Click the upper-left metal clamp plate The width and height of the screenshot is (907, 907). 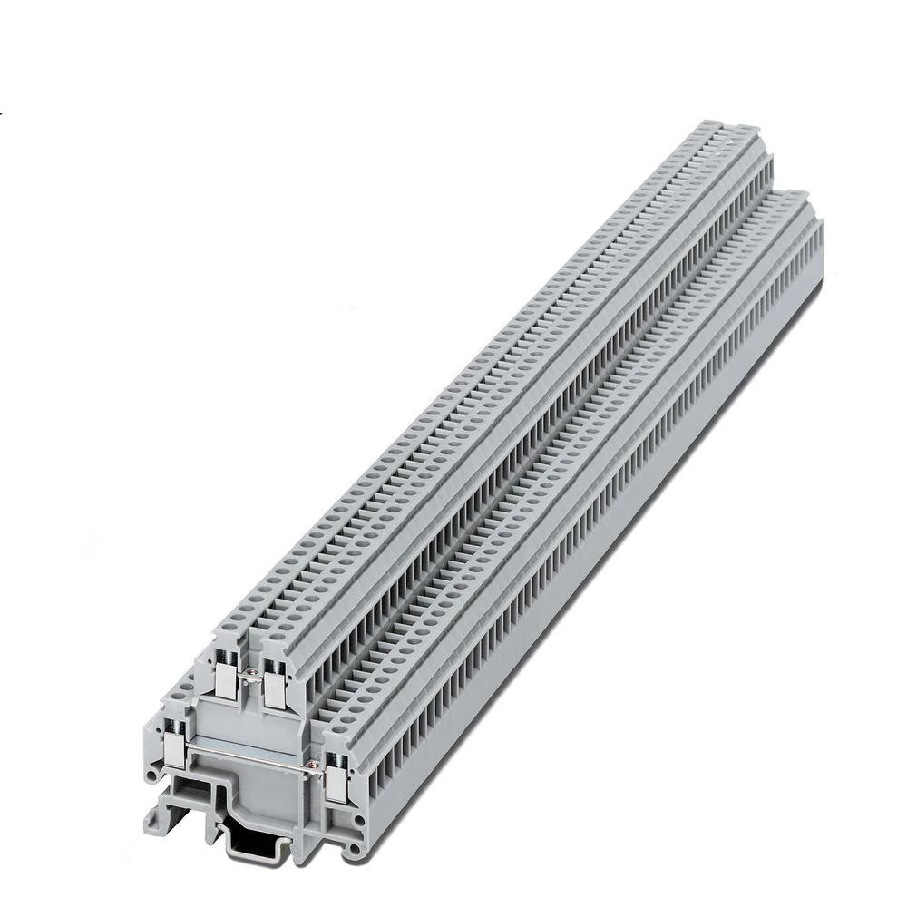tap(225, 675)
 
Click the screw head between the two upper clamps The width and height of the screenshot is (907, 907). tap(251, 671)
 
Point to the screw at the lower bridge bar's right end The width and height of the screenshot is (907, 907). tap(314, 767)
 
